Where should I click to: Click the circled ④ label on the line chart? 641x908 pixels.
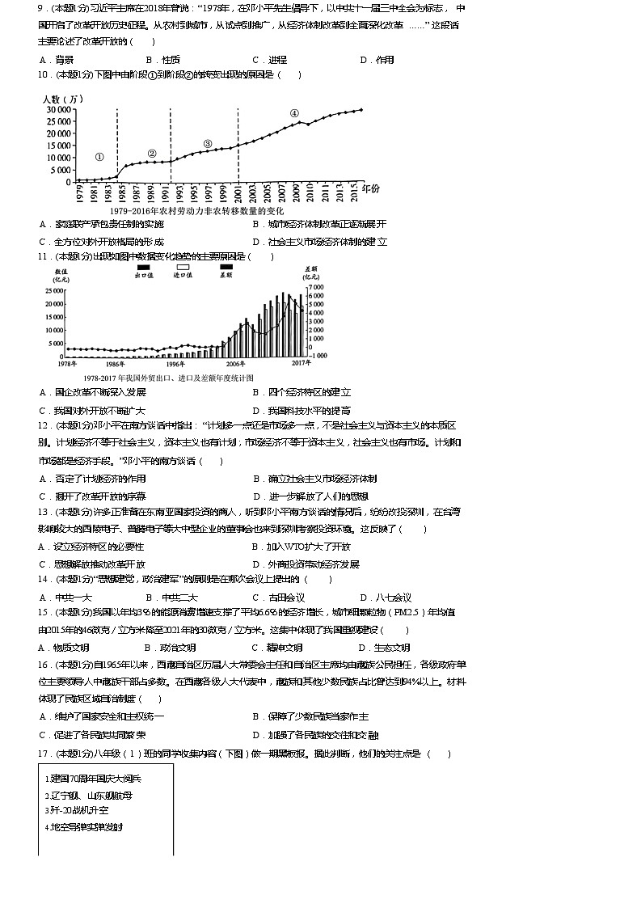coord(294,113)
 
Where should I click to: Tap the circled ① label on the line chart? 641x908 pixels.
coord(99,157)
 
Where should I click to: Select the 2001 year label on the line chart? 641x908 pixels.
coord(239,193)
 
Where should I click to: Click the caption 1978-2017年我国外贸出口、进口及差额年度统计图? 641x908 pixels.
coord(167,378)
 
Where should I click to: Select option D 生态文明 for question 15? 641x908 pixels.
coord(386,648)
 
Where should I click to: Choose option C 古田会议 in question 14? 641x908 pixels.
coord(279,598)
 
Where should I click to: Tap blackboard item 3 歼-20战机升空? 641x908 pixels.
coord(77,810)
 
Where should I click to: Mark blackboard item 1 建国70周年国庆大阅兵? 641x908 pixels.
coord(93,779)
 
